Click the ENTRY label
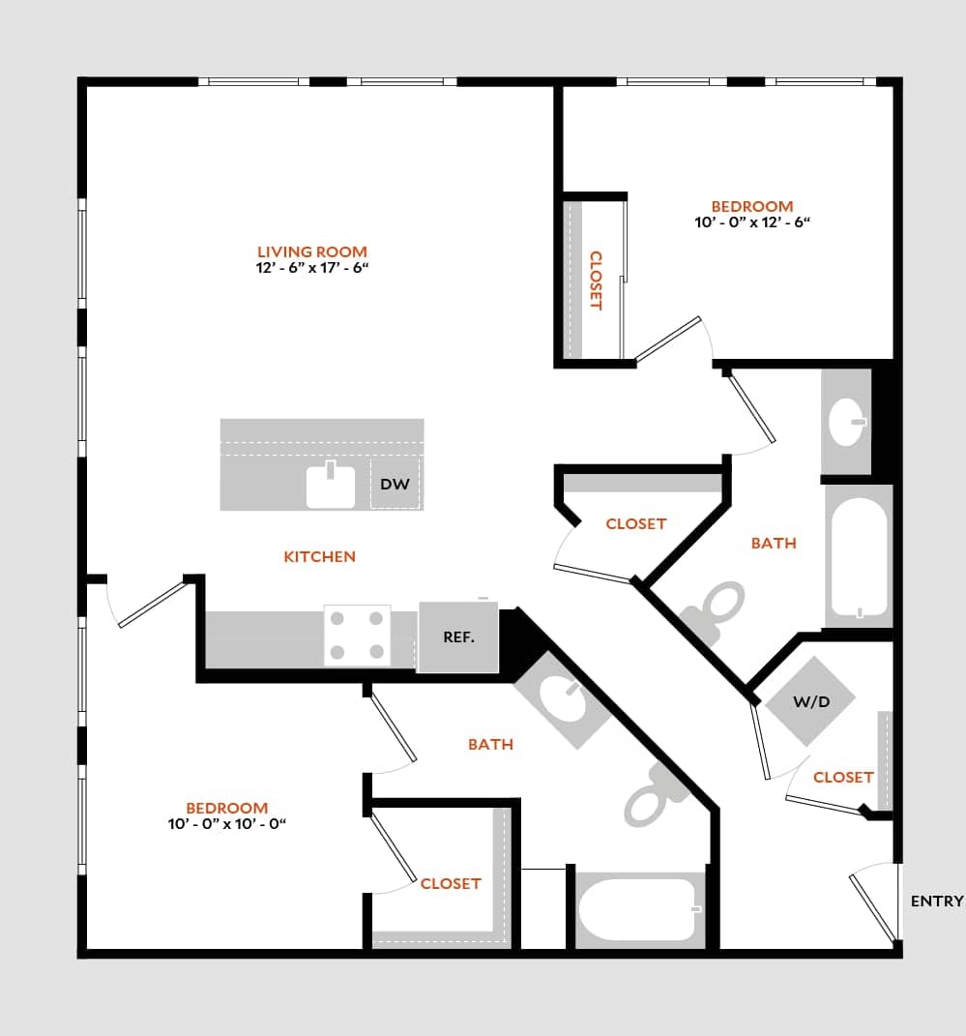pyautogui.click(x=937, y=902)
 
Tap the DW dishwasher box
pyautogui.click(x=395, y=484)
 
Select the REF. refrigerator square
pyautogui.click(x=457, y=637)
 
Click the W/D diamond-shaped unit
pyautogui.click(x=810, y=702)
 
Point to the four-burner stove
pyautogui.click(x=357, y=636)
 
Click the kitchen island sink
pyautogui.click(x=331, y=486)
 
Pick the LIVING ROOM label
pyautogui.click(x=312, y=252)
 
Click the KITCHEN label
pyautogui.click(x=320, y=556)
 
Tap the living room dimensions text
pyautogui.click(x=313, y=268)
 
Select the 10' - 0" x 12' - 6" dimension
pyautogui.click(x=752, y=222)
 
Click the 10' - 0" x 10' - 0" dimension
pyautogui.click(x=227, y=824)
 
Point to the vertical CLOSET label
pyautogui.click(x=596, y=281)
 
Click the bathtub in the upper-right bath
pyautogui.click(x=858, y=558)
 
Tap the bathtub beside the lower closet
pyautogui.click(x=637, y=909)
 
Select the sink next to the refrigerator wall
pyautogui.click(x=562, y=699)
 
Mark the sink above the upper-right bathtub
pyautogui.click(x=848, y=422)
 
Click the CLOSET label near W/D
pyautogui.click(x=843, y=777)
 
